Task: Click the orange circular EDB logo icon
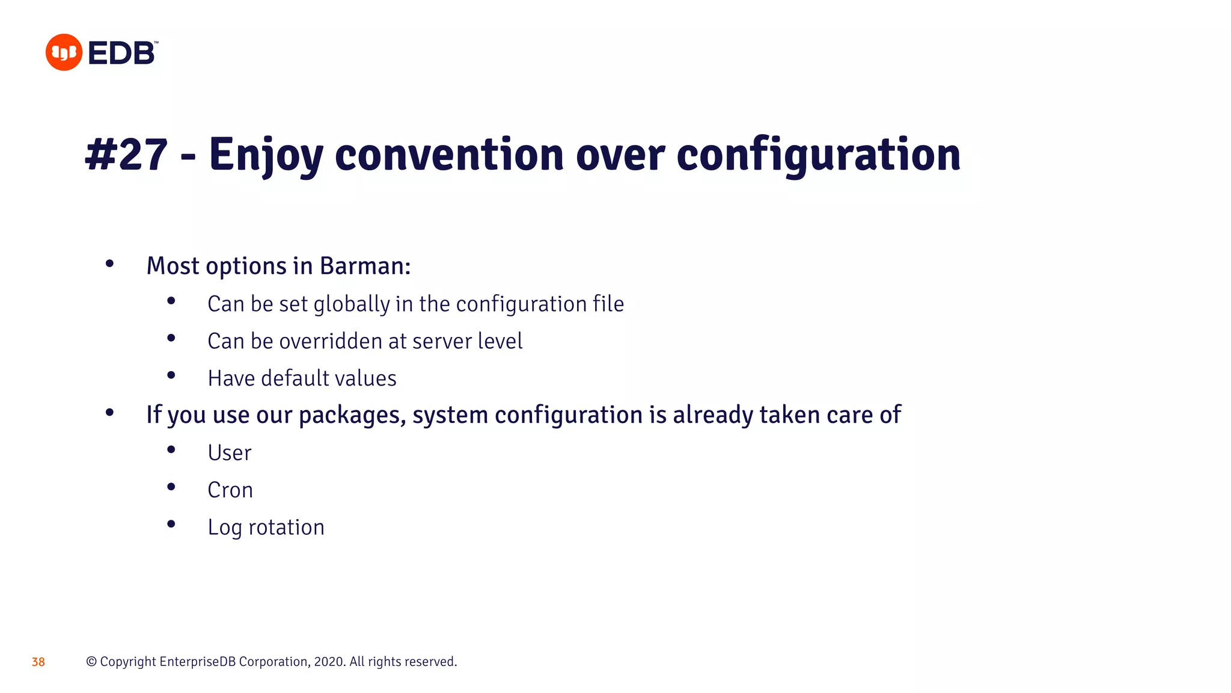[x=64, y=52]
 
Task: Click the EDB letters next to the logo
[x=122, y=53]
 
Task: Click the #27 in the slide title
[x=126, y=155]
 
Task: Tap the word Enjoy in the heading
[x=266, y=155]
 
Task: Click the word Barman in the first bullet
[x=364, y=266]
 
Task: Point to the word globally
[x=352, y=304]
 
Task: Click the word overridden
[x=331, y=341]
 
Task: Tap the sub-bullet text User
[x=229, y=453]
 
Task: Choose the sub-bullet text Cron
[x=230, y=490]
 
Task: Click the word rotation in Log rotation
[x=286, y=528]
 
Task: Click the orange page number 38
[x=38, y=662]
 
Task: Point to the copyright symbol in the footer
[x=91, y=662]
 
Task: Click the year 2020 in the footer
[x=328, y=662]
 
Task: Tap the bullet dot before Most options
[x=109, y=263]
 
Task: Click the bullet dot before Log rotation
[x=171, y=524]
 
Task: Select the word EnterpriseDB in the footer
[x=198, y=662]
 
